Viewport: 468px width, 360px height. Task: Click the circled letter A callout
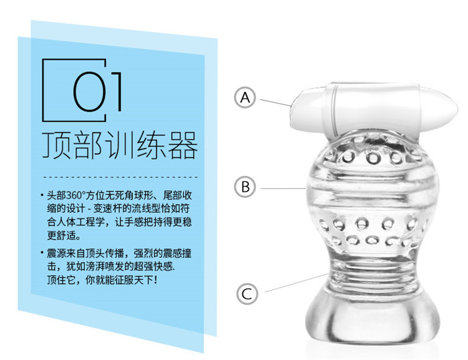coord(245,97)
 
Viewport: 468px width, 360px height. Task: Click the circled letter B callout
coord(245,187)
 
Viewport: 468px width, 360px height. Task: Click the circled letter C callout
coord(247,294)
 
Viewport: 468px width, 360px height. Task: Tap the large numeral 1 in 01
coord(117,91)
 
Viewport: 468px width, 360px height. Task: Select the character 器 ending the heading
coord(183,145)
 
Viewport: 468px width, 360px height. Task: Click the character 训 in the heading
coord(120,145)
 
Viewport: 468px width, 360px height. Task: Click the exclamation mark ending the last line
coord(155,280)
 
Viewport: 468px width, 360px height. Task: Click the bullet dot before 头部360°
coord(42,195)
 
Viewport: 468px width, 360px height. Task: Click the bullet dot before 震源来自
coord(42,253)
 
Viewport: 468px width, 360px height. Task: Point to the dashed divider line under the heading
coord(120,177)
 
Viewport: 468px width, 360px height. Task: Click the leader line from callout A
coord(275,103)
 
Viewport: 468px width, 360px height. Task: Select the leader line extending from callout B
coord(283,188)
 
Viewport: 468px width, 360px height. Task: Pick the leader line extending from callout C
coord(296,283)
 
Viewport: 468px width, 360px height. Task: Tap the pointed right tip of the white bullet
coord(457,109)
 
